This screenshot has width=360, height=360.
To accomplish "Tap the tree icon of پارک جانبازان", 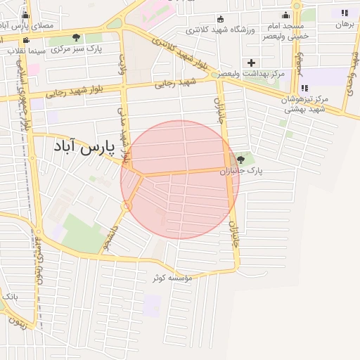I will tap(241, 160).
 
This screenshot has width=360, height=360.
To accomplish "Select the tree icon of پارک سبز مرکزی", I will tap(76, 37).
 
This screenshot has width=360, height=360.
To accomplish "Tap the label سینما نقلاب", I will tap(27, 51).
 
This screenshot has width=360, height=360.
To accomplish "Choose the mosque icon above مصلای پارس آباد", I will tap(26, 15).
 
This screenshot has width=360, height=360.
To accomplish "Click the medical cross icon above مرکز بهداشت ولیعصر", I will tap(251, 63).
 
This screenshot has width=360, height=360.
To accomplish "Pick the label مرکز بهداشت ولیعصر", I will tap(250, 73).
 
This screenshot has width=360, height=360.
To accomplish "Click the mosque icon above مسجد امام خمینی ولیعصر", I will tap(285, 15).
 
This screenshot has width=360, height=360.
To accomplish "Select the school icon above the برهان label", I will tap(345, 13).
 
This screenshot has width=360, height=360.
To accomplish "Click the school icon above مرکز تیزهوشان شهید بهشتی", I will tap(304, 88).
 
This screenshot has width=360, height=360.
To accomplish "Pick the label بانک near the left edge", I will tap(10, 297).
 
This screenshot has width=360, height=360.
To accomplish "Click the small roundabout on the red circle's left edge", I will tap(127, 206).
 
